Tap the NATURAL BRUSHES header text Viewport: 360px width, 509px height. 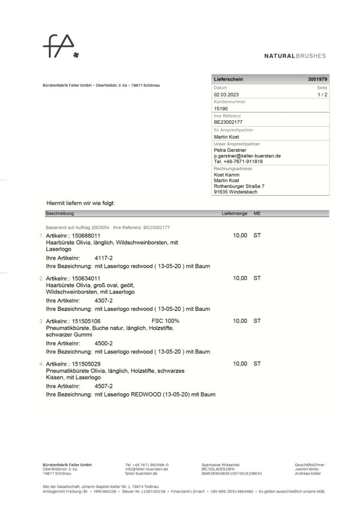(x=294, y=56)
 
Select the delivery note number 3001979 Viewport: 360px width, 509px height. (x=317, y=79)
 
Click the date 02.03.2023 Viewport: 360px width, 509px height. (x=226, y=95)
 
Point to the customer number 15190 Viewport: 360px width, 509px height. (x=221, y=109)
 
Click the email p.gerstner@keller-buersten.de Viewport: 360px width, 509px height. (x=247, y=156)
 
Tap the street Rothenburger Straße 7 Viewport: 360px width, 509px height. (x=239, y=186)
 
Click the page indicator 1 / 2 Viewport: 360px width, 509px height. (x=322, y=95)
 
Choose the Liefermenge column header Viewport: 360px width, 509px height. (x=234, y=213)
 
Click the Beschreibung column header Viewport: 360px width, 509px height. (x=60, y=213)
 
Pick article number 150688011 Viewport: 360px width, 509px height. (x=86, y=235)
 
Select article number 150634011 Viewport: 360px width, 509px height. (x=86, y=278)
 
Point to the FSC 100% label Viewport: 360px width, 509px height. (x=165, y=321)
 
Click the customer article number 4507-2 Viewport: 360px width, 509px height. (x=104, y=386)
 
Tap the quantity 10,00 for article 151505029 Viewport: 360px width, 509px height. (x=240, y=364)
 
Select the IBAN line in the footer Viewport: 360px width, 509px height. (x=232, y=473)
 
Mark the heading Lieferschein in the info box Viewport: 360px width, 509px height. (x=228, y=79)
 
